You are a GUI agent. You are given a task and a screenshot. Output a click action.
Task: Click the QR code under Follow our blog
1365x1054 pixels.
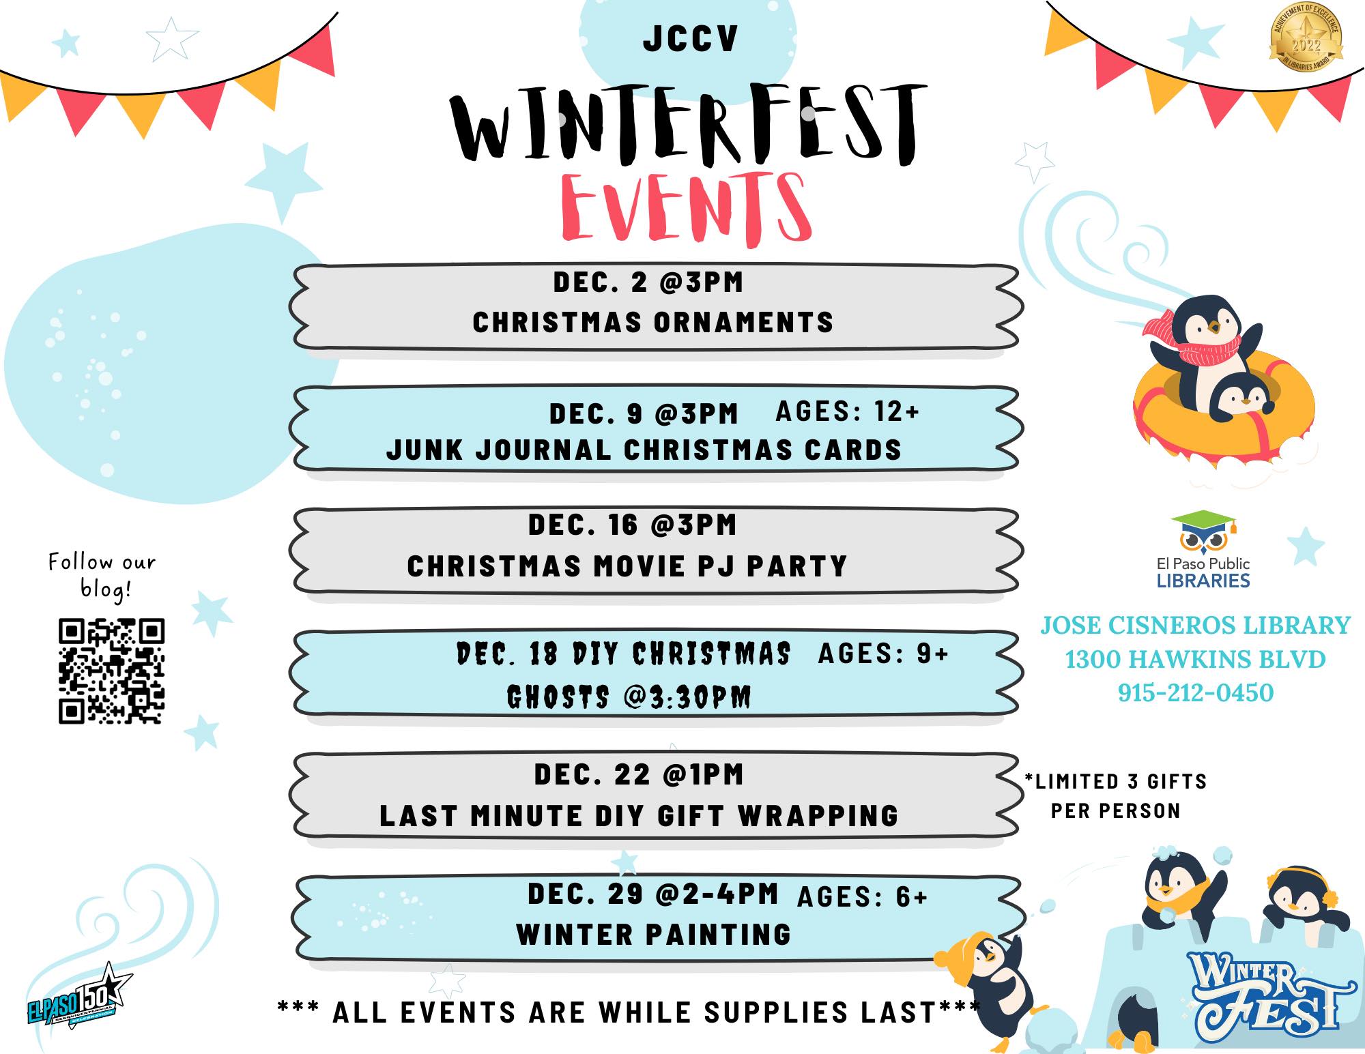(x=111, y=671)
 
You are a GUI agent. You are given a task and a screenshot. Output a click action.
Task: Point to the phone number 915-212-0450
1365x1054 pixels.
(x=1196, y=692)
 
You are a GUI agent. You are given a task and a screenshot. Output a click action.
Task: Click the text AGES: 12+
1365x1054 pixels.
(x=848, y=411)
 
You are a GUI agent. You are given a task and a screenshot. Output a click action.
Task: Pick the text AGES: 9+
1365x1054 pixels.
(x=883, y=654)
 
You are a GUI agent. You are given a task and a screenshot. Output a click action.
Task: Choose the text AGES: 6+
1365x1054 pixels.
(x=862, y=897)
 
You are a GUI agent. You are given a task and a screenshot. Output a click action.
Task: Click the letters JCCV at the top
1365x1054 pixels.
(x=690, y=39)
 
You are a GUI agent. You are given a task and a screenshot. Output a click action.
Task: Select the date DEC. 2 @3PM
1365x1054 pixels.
(x=648, y=282)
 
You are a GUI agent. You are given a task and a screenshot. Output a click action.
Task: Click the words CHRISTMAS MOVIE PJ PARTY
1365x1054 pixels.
(x=627, y=566)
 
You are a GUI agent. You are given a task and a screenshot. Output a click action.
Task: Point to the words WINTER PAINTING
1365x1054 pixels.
(x=653, y=935)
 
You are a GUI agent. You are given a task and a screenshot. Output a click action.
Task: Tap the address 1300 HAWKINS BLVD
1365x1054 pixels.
(x=1195, y=659)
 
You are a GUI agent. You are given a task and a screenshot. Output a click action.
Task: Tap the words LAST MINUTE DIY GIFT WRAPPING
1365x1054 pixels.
(x=639, y=816)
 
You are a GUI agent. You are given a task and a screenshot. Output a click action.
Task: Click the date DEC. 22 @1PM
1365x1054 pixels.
(x=638, y=774)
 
